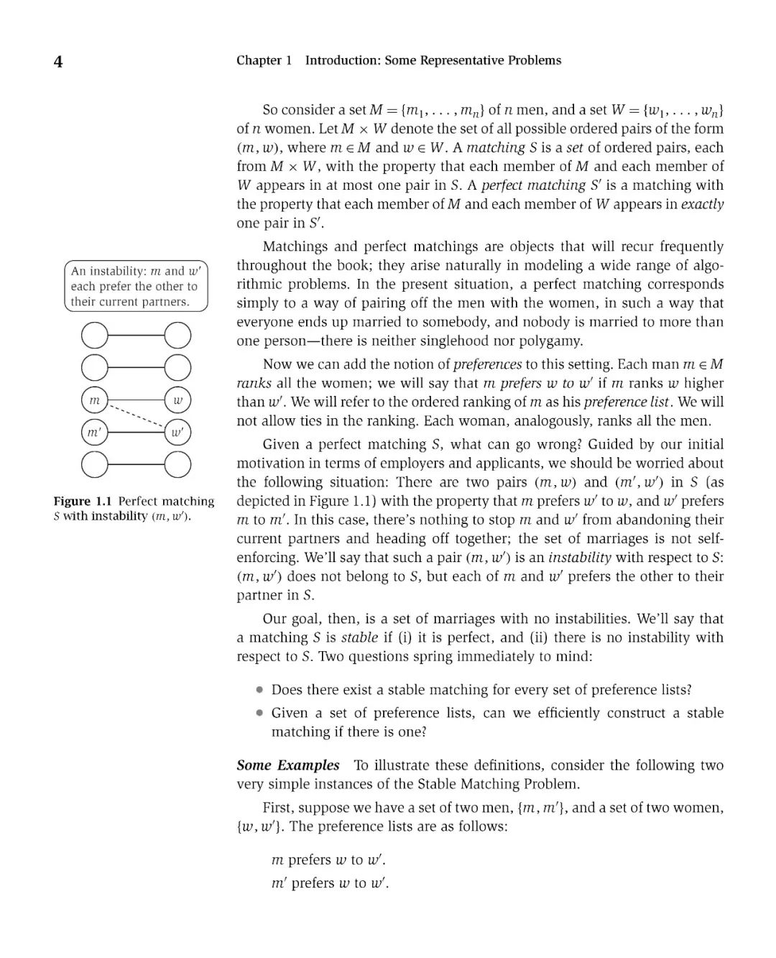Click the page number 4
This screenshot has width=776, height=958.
(x=57, y=62)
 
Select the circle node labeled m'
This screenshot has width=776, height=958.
(x=94, y=433)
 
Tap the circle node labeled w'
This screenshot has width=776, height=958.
(x=177, y=433)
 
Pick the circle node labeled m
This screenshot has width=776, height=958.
(x=94, y=400)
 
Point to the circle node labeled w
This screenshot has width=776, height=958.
(x=177, y=400)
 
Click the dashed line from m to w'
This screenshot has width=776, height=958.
(x=136, y=417)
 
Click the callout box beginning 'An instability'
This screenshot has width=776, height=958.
(x=136, y=286)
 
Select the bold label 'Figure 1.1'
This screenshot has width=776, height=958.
(x=83, y=502)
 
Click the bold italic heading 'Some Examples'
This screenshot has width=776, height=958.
(x=287, y=765)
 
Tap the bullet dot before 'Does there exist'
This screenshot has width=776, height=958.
(x=259, y=690)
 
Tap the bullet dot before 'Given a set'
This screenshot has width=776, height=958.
(x=259, y=713)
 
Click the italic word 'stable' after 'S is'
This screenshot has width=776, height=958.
(x=359, y=637)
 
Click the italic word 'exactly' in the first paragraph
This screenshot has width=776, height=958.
(x=702, y=204)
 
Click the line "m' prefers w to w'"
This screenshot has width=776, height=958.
(x=330, y=883)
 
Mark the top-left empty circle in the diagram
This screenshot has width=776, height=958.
(x=94, y=336)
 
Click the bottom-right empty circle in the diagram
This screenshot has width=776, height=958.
(x=177, y=465)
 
